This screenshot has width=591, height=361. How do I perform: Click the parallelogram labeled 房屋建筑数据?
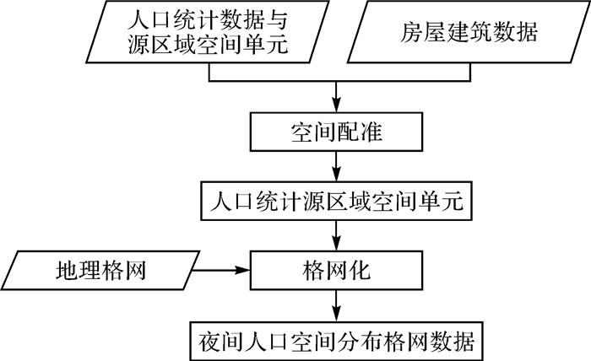tap(469, 35)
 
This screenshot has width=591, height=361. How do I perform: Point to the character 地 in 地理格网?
tap(66, 271)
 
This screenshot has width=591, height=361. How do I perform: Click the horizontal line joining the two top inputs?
tap(338, 84)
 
